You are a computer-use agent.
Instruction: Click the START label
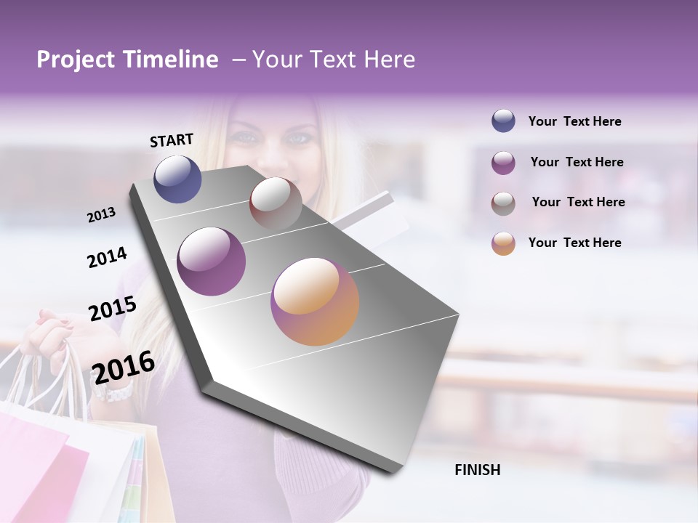tap(172, 140)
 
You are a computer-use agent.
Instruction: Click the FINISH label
tap(477, 470)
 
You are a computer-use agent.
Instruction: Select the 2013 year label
tap(101, 215)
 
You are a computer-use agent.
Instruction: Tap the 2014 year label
tap(107, 257)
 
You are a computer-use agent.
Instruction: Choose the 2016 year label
tap(124, 367)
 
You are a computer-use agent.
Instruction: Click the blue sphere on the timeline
tap(177, 179)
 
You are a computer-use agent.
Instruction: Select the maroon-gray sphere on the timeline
tap(276, 203)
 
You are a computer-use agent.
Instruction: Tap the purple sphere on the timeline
tap(211, 261)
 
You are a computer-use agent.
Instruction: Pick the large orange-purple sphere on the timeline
tap(315, 301)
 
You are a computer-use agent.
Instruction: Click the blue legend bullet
tap(503, 121)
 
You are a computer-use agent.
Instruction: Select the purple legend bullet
tap(503, 163)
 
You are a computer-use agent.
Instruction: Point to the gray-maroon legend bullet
tap(503, 203)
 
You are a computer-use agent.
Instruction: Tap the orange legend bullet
tap(503, 243)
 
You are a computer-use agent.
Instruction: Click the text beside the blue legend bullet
tap(574, 121)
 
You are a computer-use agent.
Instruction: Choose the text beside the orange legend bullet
tap(574, 243)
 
